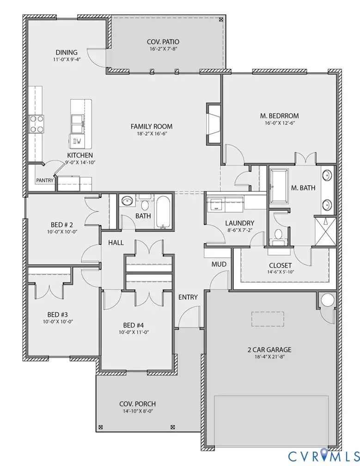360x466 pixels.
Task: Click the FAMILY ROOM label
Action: tap(152, 127)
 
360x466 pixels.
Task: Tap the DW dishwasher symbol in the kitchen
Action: tap(77, 141)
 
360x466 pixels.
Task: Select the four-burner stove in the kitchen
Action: tap(37, 124)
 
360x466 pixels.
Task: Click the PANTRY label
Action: tap(45, 180)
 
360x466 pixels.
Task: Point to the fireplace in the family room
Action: tap(214, 123)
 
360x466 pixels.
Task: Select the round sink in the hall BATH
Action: tap(127, 201)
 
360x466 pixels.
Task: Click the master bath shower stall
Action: tap(325, 232)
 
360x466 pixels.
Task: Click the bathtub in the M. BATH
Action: tap(279, 186)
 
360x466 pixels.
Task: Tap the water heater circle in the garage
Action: tap(328, 300)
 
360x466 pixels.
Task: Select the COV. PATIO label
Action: tap(163, 42)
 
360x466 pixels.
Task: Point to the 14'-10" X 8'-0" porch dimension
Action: tap(138, 411)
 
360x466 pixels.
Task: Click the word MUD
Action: tap(219, 264)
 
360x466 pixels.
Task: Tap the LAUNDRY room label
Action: tap(240, 223)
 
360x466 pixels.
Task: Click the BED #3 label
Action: tap(58, 314)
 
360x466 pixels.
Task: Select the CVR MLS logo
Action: tap(323, 456)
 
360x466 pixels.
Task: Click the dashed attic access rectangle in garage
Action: tap(268, 319)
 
